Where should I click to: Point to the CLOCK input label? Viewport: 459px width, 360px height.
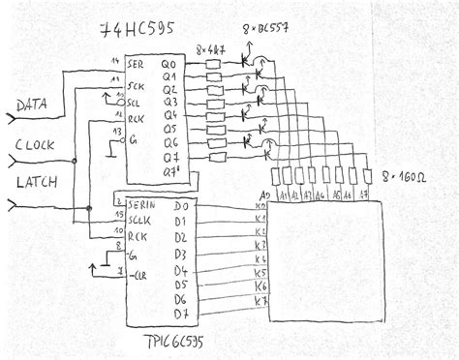(x=37, y=146)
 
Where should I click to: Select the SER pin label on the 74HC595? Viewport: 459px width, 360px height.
(x=137, y=65)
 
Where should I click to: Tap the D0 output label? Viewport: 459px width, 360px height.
(x=180, y=206)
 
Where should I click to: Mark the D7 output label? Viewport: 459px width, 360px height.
(x=180, y=314)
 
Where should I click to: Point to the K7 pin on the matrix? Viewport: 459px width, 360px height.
(x=260, y=301)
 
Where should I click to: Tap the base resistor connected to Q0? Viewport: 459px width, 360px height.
(x=216, y=66)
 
